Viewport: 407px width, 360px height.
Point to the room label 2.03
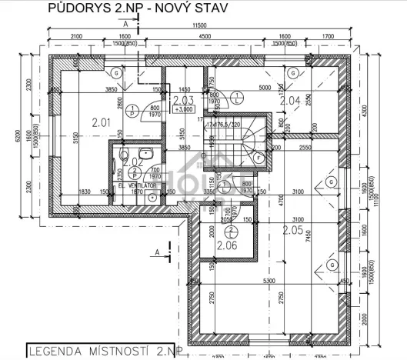(x=183, y=100)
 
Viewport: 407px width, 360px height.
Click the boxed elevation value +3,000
(x=183, y=109)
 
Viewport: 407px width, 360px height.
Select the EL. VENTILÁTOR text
(x=138, y=186)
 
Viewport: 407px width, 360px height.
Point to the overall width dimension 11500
(x=202, y=26)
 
